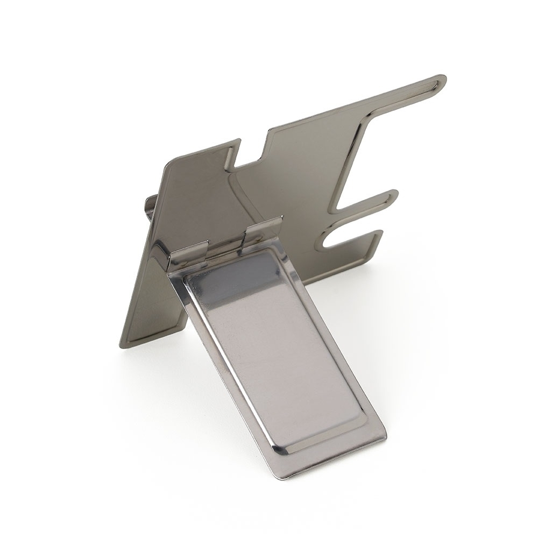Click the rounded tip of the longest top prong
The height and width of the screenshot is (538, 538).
tap(440, 81)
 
